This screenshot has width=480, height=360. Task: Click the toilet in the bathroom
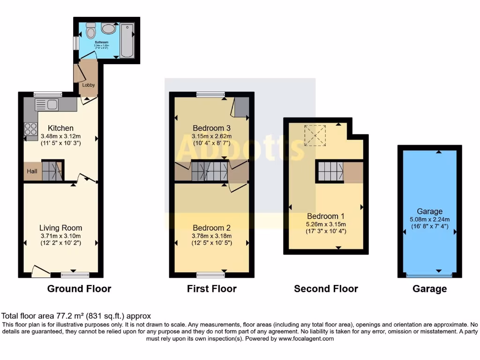(91, 31)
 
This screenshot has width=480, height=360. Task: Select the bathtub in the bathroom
(127, 41)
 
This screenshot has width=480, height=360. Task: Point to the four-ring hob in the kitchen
(30, 128)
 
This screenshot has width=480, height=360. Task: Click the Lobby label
(89, 85)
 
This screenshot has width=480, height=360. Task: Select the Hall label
(32, 172)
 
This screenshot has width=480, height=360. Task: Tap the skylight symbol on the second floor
(315, 135)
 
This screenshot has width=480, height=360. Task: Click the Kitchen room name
(60, 128)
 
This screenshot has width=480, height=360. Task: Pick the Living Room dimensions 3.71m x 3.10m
(60, 236)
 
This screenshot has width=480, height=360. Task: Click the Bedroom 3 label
(211, 128)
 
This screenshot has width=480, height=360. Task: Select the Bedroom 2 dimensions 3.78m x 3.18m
(211, 236)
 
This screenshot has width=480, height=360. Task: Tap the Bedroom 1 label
(326, 216)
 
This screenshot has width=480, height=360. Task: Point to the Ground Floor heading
(79, 289)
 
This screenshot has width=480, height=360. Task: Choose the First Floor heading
(211, 289)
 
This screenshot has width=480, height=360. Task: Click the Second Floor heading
(326, 289)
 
